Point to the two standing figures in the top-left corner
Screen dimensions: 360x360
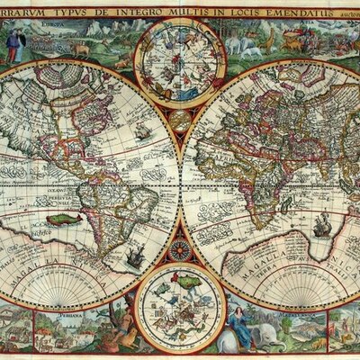pos(15,46)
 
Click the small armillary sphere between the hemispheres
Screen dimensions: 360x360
pos(180,118)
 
